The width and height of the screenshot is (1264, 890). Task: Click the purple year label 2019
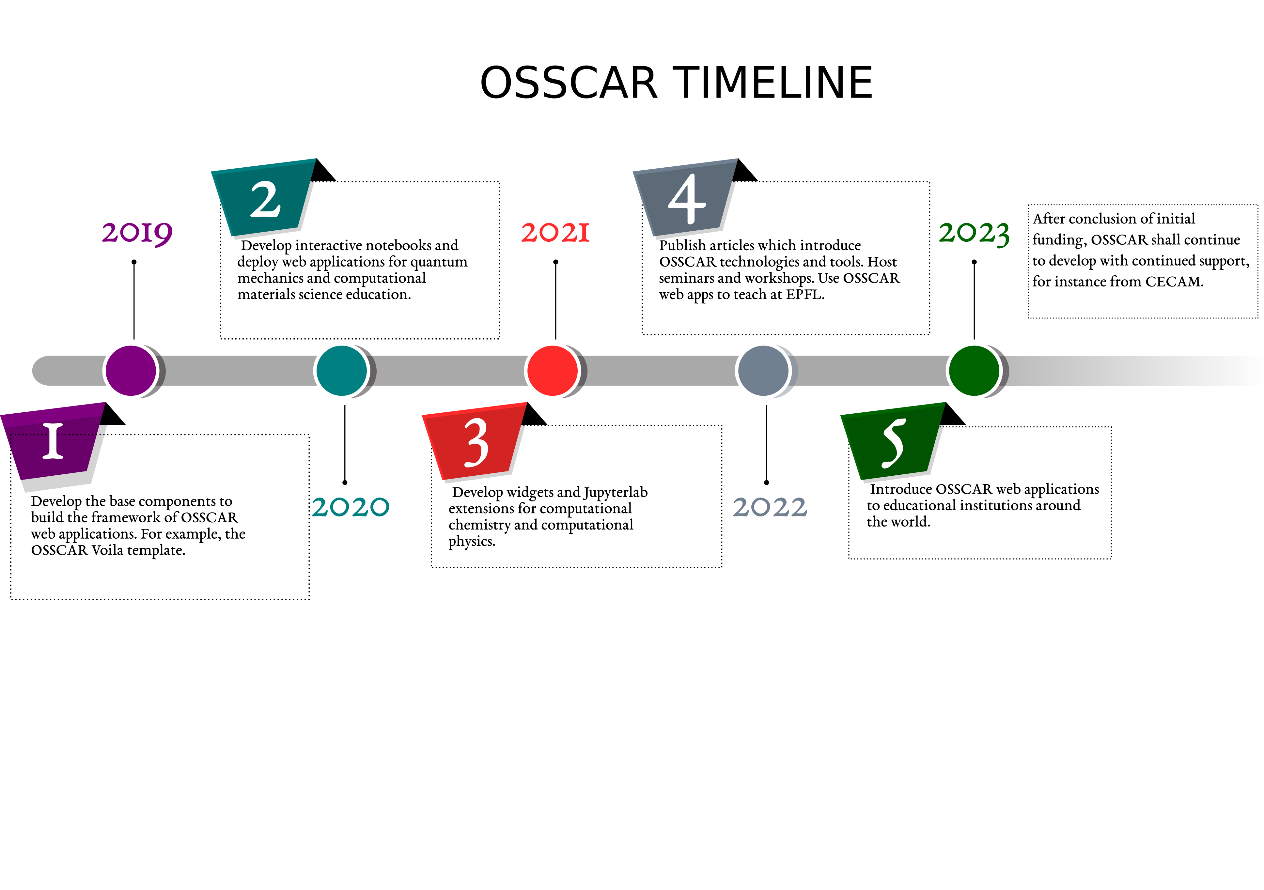[137, 233]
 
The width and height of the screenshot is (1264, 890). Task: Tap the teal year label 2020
[351, 507]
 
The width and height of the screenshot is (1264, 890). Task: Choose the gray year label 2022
[770, 507]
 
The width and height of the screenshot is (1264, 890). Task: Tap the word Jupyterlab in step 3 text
[616, 493]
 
